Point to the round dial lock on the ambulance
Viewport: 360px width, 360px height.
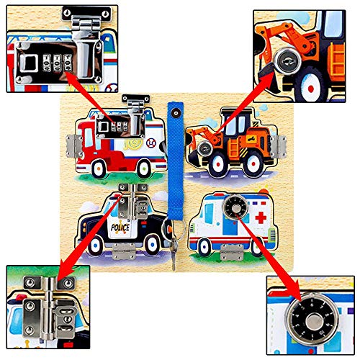(233, 206)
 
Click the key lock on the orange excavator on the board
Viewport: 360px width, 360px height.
(205, 150)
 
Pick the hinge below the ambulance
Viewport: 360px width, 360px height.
(231, 253)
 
